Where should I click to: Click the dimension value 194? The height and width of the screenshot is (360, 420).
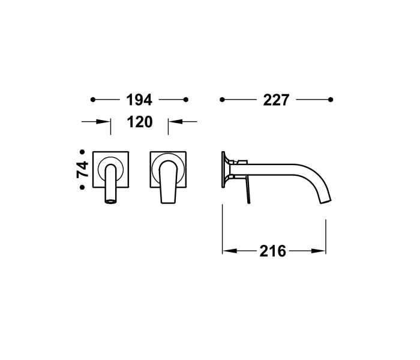139,100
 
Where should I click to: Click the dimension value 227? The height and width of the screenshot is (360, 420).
277,100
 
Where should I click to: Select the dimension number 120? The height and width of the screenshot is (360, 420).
140,122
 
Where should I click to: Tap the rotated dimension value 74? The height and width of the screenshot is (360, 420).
83,169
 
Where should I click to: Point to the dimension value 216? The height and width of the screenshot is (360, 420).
273,251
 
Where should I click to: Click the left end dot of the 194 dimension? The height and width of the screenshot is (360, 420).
92,99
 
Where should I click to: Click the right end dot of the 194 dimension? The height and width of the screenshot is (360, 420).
186,99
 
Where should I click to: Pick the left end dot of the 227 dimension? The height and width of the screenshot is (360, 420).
223,99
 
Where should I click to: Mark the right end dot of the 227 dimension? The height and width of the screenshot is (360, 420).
331,99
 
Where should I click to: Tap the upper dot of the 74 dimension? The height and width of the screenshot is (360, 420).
82,152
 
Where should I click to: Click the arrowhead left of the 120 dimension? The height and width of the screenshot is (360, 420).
107,122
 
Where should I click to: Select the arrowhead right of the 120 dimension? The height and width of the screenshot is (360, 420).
172,122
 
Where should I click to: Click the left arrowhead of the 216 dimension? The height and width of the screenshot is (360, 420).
227,251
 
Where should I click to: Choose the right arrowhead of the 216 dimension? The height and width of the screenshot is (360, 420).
322,251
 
